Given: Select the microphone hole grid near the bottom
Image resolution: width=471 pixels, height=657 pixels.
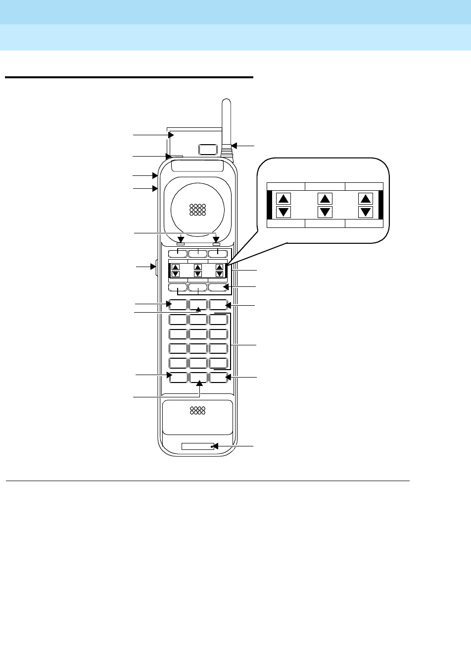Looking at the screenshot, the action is click(197, 410).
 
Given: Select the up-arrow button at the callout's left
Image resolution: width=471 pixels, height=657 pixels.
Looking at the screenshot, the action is click(283, 199).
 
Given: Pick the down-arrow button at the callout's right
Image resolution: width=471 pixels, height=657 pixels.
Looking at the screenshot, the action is click(366, 212).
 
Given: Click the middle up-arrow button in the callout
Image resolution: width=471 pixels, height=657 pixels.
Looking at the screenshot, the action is click(325, 199).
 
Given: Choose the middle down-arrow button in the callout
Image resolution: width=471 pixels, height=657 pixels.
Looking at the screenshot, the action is click(325, 212).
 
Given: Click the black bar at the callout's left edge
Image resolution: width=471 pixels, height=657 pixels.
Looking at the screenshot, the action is click(270, 206).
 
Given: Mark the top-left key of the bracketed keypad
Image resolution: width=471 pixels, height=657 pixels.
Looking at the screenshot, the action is click(178, 320).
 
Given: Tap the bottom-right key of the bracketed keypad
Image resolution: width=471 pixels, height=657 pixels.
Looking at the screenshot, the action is click(218, 363).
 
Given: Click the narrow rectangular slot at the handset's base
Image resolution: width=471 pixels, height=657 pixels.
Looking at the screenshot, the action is click(198, 446).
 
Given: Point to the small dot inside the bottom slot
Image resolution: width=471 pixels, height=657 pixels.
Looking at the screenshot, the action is click(211, 446).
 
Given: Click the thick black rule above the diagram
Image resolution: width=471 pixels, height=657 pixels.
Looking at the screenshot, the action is click(129, 77).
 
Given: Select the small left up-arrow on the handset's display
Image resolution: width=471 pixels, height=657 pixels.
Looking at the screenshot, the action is click(175, 267).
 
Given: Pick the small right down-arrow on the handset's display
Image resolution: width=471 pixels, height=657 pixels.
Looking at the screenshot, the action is click(219, 274).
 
